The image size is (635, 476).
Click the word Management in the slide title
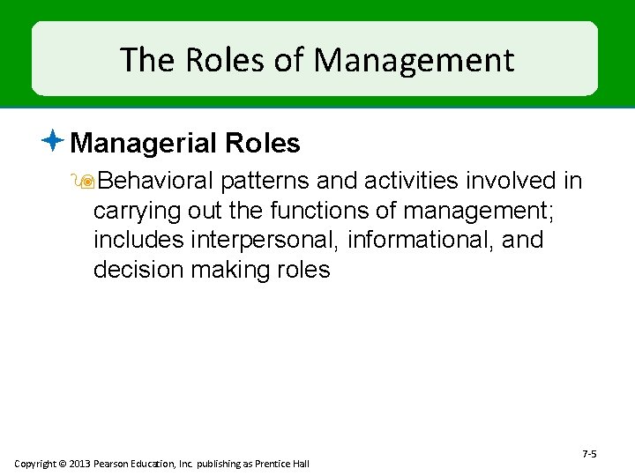(414, 60)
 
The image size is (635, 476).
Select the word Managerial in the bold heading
(144, 143)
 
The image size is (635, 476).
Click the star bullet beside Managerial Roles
(53, 139)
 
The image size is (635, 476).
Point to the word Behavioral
(156, 181)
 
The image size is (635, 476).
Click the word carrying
(133, 211)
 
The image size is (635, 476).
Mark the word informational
(421, 240)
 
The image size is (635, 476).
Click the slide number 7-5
(590, 454)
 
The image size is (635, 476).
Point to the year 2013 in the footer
(77, 464)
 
